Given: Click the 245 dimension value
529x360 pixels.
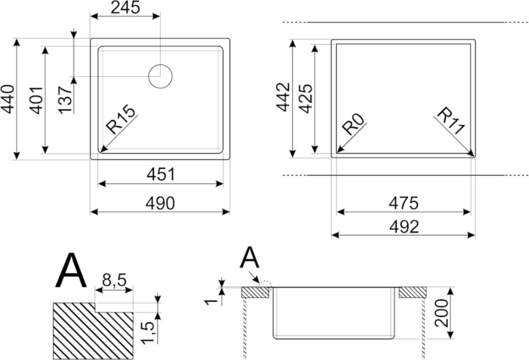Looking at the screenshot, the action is (125, 7).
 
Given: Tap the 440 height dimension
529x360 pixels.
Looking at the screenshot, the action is (8, 99).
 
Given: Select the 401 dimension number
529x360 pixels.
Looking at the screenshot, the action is (35, 100).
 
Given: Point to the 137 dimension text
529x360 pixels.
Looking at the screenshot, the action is (65, 100).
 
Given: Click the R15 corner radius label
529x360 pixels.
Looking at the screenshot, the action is (121, 119).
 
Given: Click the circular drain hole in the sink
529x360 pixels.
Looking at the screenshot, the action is (161, 76).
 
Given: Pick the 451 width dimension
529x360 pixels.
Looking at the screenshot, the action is (161, 174).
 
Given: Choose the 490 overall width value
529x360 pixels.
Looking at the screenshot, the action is (160, 203).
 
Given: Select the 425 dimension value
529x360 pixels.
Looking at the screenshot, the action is (306, 98).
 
